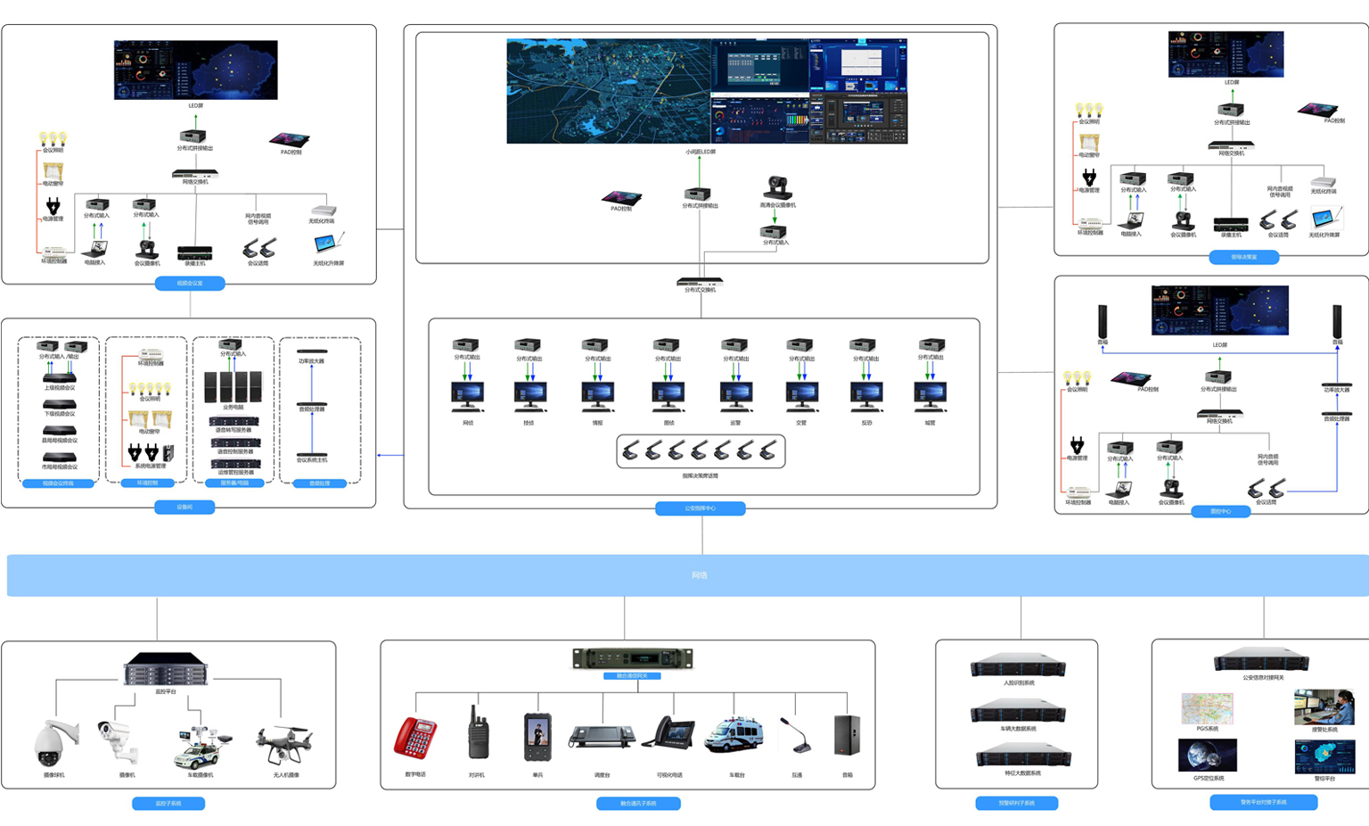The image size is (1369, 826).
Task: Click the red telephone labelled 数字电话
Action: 415,739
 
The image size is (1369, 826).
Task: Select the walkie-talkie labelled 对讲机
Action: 478,734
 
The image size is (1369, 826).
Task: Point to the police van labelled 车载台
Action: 734,736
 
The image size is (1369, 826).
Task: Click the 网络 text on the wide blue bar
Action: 699,575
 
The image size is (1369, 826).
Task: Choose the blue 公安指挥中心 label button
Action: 700,508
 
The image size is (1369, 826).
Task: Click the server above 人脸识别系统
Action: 1018,665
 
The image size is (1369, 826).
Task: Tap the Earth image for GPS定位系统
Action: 1207,756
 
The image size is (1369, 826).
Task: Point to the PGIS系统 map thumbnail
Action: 1207,709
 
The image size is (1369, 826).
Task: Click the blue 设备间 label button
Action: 184,507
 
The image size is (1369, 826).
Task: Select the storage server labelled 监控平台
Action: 166,669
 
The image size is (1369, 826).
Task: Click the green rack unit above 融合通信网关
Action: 632,658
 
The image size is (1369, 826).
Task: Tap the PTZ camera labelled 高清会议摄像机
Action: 777,187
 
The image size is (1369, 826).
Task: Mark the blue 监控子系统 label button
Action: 168,804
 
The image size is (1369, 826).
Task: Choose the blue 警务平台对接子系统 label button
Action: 1263,802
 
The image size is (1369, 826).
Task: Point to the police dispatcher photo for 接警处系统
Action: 1324,706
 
